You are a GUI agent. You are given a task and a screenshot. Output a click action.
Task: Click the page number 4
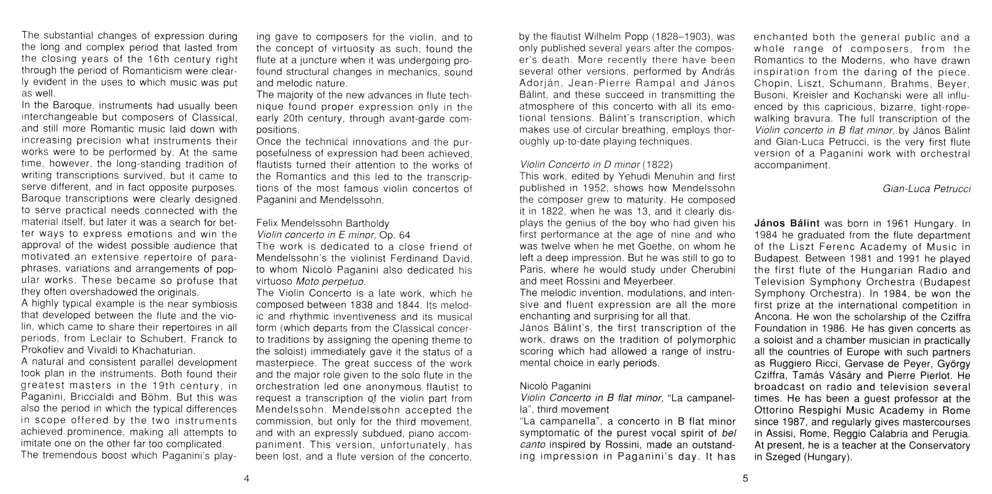(247, 479)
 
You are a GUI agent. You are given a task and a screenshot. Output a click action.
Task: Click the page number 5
(745, 479)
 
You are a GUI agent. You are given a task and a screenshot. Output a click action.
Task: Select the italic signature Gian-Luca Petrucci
(926, 189)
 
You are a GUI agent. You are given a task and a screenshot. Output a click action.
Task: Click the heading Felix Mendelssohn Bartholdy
(323, 223)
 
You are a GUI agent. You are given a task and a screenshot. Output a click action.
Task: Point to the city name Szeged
(782, 457)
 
